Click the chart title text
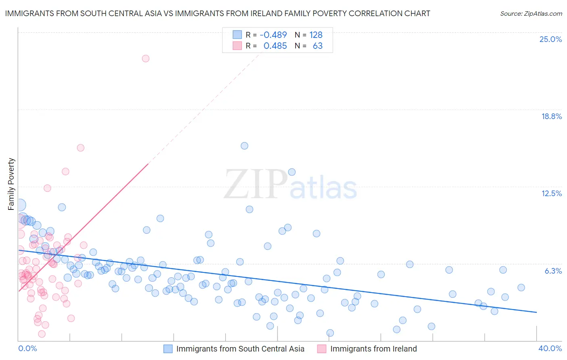click(x=217, y=13)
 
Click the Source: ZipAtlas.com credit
click(x=531, y=13)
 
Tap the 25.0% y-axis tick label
click(x=550, y=39)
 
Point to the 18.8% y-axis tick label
click(x=551, y=116)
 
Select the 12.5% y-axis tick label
click(x=551, y=193)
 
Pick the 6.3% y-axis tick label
click(x=553, y=271)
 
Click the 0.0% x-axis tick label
click(x=27, y=348)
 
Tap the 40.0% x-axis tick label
click(x=550, y=348)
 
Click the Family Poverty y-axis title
click(x=11, y=184)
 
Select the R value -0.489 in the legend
click(x=273, y=35)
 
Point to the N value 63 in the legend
click(x=318, y=46)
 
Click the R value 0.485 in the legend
click(x=275, y=46)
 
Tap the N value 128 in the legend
click(x=316, y=35)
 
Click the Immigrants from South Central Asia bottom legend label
click(x=240, y=349)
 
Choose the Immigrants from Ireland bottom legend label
click(x=373, y=349)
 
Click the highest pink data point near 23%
click(x=146, y=59)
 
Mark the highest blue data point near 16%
click(x=244, y=146)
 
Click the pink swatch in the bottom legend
click(x=321, y=349)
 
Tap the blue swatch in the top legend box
click(x=237, y=35)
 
